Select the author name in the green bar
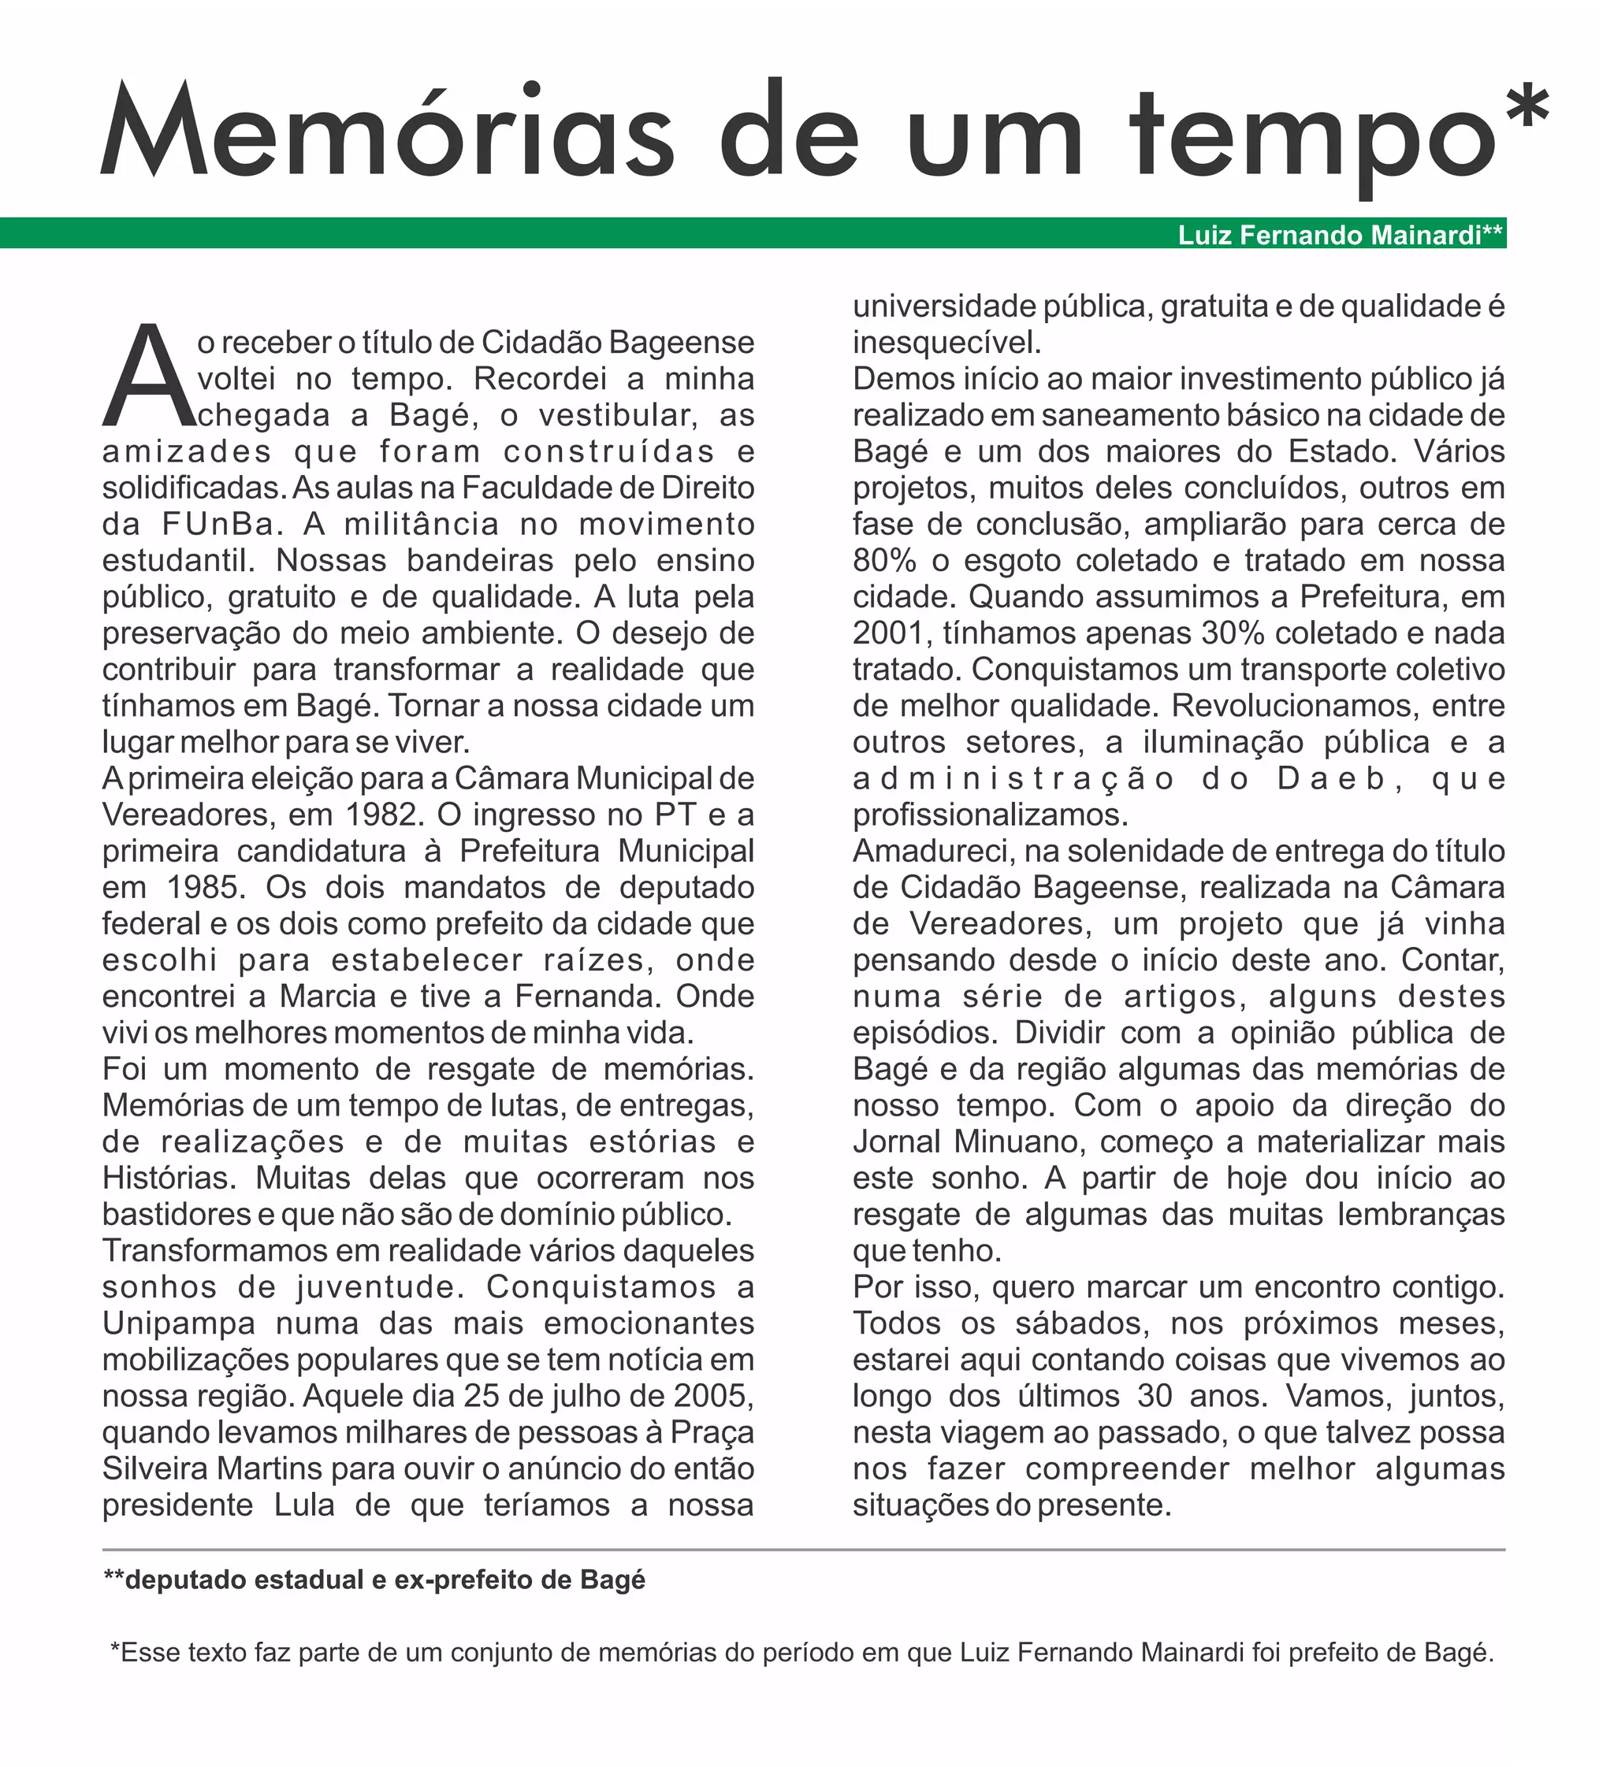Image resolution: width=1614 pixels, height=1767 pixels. [x=1340, y=235]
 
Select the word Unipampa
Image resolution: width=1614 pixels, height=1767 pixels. [x=179, y=1323]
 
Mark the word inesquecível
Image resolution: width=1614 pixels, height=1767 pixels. [x=946, y=343]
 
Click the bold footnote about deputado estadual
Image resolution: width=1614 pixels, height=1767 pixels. [x=374, y=1580]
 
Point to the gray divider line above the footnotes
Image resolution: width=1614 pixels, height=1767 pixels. [x=803, y=1550]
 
